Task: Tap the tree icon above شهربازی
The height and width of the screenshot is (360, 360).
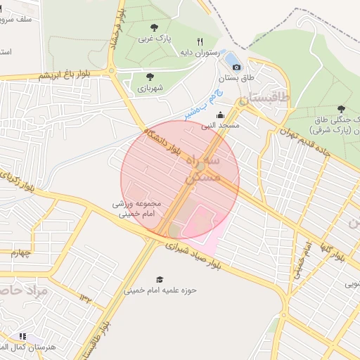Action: [149, 77]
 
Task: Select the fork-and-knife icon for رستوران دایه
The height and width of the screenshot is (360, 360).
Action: [200, 42]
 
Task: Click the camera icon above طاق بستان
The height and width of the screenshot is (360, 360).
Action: [236, 67]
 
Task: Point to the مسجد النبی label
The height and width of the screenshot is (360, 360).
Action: [221, 125]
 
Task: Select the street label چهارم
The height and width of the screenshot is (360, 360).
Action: [22, 254]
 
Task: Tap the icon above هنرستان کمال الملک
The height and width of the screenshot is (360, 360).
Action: [23, 337]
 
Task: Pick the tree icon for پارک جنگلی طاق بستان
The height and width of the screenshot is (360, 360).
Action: [341, 109]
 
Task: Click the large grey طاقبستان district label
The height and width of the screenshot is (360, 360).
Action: [264, 101]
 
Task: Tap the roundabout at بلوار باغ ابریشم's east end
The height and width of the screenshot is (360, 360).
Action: [112, 70]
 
